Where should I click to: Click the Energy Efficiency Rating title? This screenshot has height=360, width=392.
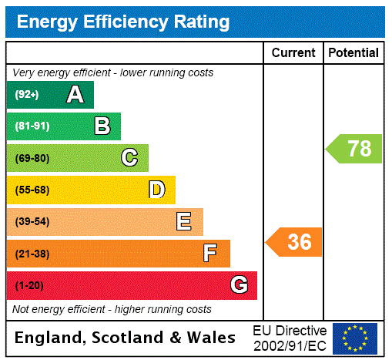coord(123,22)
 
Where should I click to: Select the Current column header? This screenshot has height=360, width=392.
coord(293,53)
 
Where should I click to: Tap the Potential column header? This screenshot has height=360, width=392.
coord(353,53)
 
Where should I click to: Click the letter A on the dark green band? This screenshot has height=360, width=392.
coord(75,95)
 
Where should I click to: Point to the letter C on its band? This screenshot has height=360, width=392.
coord(129,158)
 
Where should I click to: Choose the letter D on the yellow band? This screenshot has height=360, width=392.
coord(156,190)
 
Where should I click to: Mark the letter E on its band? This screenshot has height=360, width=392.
coord(184,222)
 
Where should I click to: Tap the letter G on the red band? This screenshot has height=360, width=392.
coord(239,285)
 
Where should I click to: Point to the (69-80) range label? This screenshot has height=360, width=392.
coord(32,159)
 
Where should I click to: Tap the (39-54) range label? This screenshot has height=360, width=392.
coord(32,222)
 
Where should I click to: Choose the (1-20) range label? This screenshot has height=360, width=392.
coord(29,286)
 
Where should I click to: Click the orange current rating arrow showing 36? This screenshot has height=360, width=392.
coord(295,242)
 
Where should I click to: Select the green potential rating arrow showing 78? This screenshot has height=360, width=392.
coord(355,148)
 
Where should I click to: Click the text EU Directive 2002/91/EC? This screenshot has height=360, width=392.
coord(290,338)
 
